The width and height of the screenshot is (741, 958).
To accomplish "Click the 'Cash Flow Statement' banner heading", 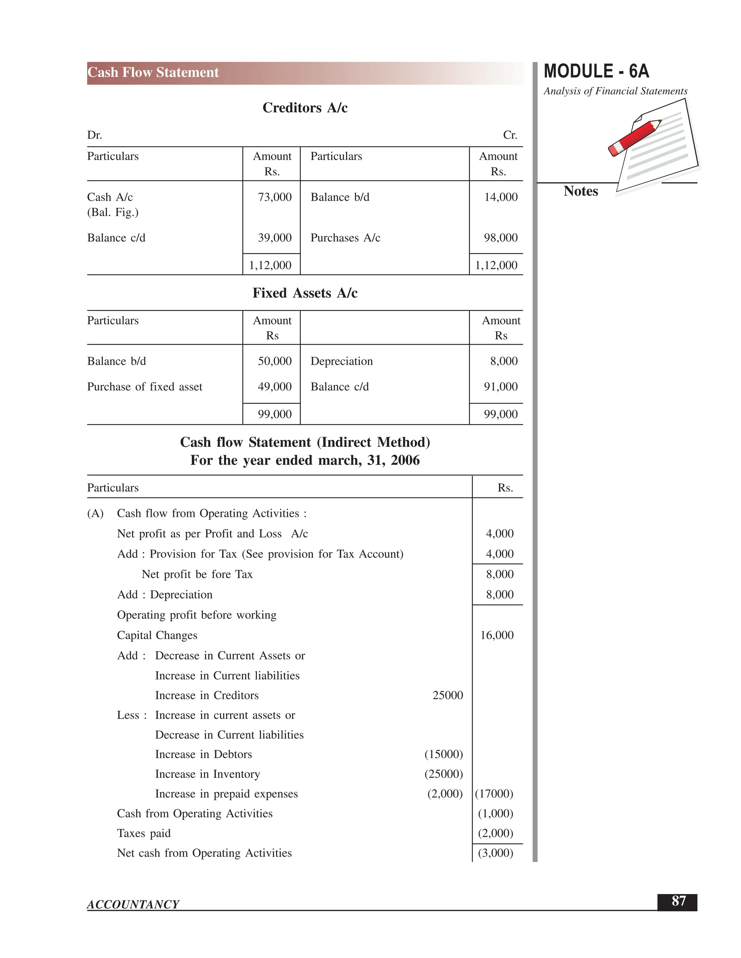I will (x=153, y=72).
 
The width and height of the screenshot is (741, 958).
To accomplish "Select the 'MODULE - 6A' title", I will (x=596, y=72).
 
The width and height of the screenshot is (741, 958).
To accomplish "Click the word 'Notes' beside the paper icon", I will (x=580, y=191).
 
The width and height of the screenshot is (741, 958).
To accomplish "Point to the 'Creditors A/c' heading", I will (x=305, y=108).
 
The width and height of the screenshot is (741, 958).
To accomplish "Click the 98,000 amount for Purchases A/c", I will (x=500, y=238).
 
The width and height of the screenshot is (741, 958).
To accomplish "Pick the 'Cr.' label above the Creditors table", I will (x=510, y=135).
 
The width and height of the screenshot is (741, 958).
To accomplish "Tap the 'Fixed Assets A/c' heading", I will (x=305, y=293).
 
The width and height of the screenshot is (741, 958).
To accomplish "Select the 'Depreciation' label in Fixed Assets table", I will (x=342, y=361).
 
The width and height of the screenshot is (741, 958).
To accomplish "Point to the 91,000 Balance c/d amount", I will (x=500, y=386).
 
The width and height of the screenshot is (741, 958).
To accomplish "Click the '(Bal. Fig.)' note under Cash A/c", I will (x=113, y=212).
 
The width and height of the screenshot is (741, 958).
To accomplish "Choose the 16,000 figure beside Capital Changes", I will (x=496, y=635).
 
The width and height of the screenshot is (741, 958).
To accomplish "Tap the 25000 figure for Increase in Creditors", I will (x=448, y=695).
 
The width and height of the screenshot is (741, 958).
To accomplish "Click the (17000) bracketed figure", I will (x=494, y=794).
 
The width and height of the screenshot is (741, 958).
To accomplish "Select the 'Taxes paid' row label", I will (x=144, y=833).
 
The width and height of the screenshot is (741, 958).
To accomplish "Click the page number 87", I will (x=678, y=901).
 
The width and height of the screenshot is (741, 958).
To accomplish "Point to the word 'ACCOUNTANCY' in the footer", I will (x=133, y=904).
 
